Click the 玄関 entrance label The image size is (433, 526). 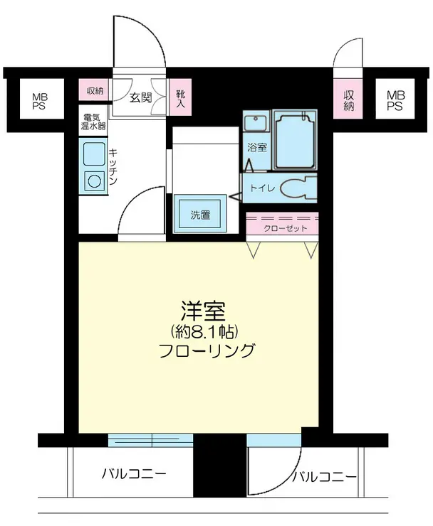pos(140,97)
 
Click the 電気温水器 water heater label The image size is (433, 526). pos(93,122)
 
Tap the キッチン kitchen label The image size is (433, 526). pos(113,168)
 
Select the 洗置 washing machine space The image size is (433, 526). pos(199,215)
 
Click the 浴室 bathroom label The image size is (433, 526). pos(256,148)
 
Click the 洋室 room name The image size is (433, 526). pos(204,311)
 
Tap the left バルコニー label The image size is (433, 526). pos(134,473)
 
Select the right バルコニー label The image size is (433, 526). pos(324,477)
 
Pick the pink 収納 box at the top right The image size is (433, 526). pos(348,100)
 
